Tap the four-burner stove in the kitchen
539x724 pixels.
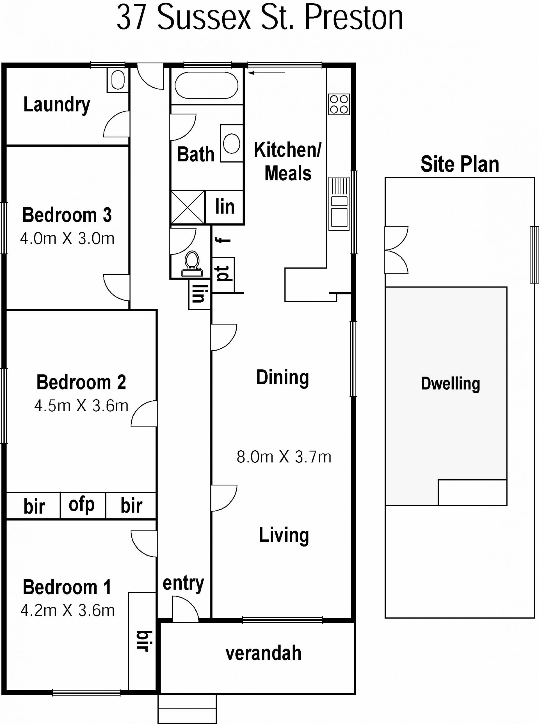(339, 104)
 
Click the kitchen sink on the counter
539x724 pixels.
(339, 204)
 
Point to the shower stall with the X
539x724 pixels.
(188, 207)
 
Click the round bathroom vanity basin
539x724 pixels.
(232, 143)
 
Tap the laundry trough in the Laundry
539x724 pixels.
(117, 80)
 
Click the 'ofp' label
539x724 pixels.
(82, 505)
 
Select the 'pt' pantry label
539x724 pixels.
(223, 274)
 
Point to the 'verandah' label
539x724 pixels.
(263, 653)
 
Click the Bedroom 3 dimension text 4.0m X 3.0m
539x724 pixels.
(67, 239)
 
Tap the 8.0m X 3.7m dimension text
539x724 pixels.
(284, 457)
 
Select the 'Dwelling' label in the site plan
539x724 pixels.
(450, 384)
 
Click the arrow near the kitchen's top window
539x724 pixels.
(267, 73)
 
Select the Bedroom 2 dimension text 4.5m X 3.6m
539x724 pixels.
(81, 406)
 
